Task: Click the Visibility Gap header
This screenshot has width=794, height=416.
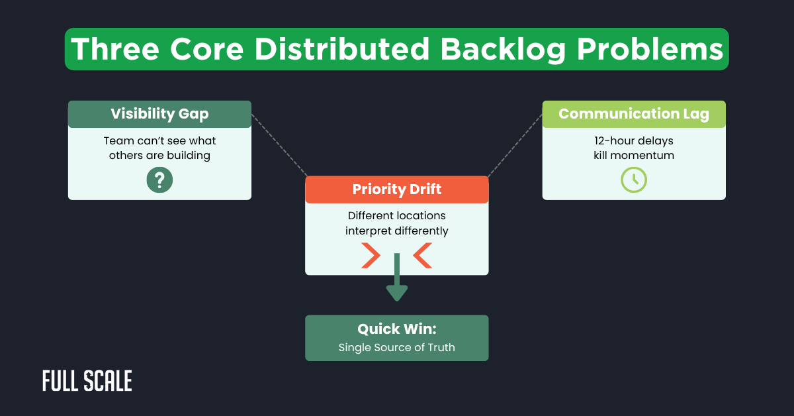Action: point(159,114)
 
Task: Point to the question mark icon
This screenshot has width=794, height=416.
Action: point(159,180)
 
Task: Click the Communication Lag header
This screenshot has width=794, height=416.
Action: point(633,114)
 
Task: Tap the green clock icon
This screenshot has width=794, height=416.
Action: point(633,180)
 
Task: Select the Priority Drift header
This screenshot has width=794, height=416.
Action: point(396,189)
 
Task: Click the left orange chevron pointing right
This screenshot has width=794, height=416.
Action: point(371,256)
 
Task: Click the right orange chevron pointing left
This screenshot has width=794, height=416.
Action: point(422,256)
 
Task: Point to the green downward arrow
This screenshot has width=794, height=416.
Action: point(396,278)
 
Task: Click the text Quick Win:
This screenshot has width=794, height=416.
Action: point(396,329)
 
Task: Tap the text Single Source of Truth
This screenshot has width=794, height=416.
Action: point(396,347)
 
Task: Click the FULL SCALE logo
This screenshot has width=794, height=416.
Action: point(87,381)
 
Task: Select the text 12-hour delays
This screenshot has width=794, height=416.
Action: point(633,141)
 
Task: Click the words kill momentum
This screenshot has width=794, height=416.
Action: point(633,156)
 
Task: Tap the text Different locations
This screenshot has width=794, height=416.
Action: point(396,216)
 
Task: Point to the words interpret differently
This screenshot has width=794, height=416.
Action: point(396,231)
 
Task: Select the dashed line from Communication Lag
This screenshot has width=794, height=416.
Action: point(515,144)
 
